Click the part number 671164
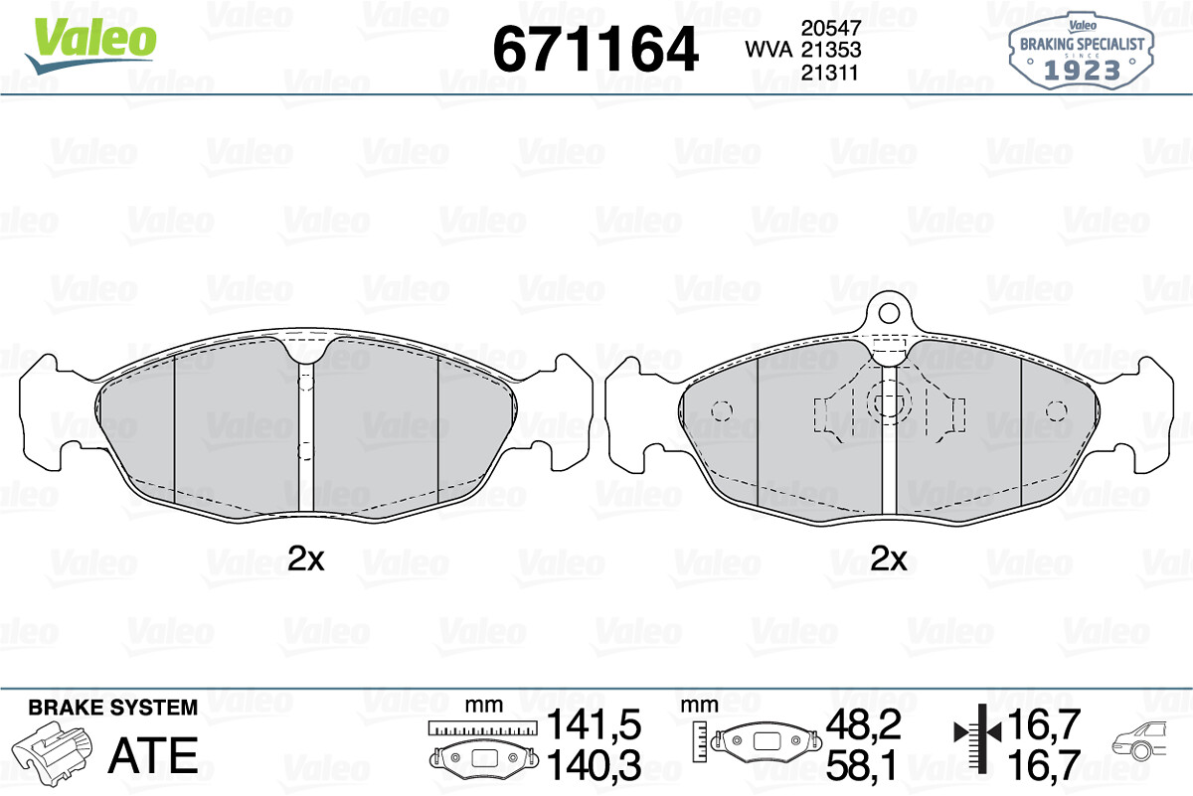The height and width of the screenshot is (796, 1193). tap(596, 50)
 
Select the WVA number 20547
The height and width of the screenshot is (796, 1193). tap(831, 28)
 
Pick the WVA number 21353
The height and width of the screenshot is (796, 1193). tap(831, 50)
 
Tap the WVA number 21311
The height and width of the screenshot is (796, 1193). tap(830, 73)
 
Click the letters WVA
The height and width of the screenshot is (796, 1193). tap(768, 50)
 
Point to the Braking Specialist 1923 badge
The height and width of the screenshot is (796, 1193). tap(1082, 51)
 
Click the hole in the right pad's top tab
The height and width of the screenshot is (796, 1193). tap(889, 313)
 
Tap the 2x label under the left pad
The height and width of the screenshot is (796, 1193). tap(306, 558)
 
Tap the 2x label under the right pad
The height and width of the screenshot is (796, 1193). tap(889, 558)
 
